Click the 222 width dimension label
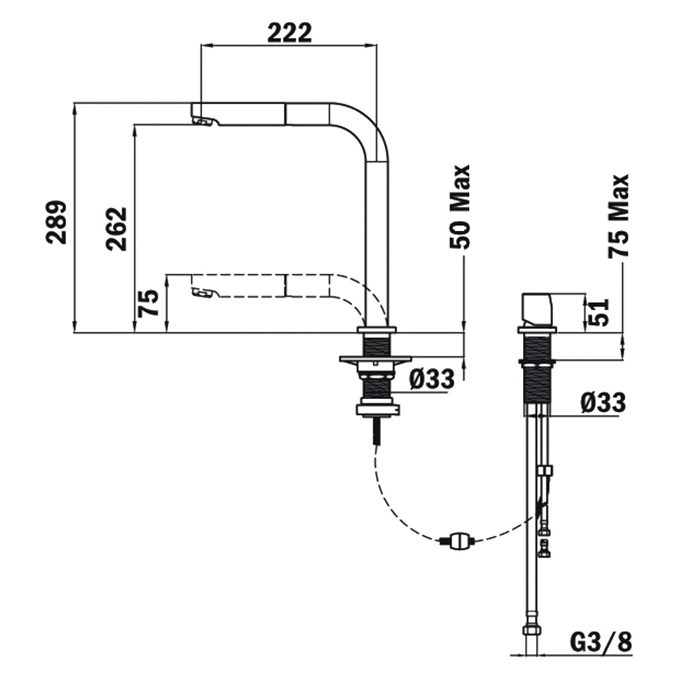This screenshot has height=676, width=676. tap(289, 33)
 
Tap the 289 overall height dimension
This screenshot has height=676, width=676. tap(56, 222)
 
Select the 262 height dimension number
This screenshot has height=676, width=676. tap(117, 229)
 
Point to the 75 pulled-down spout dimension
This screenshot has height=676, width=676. tap(148, 304)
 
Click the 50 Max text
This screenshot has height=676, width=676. tap(460, 207)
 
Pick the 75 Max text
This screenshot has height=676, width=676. tap(618, 217)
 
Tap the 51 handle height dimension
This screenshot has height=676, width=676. tap(598, 313)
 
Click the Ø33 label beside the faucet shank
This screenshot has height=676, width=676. tap(432, 379)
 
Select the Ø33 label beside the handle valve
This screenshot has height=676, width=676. tap(603, 403)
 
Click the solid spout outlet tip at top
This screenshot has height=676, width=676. tap(203, 115)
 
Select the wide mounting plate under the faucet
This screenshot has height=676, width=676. tap(375, 359)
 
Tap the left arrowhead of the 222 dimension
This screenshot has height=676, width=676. tap(205, 45)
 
